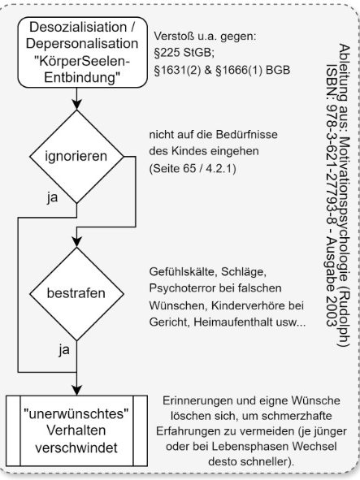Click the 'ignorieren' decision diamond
click(x=76, y=157)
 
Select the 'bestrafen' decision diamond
click(x=76, y=293)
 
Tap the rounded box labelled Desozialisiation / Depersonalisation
click(x=82, y=52)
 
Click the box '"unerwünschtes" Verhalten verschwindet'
click(x=76, y=430)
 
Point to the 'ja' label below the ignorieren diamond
click(x=52, y=197)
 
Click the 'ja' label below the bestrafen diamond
click(x=64, y=349)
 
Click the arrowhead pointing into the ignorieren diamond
click(x=76, y=105)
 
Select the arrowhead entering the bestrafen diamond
click(x=76, y=242)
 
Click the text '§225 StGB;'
click(x=184, y=54)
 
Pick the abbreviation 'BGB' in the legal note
click(x=278, y=71)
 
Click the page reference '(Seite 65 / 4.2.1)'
click(x=193, y=169)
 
